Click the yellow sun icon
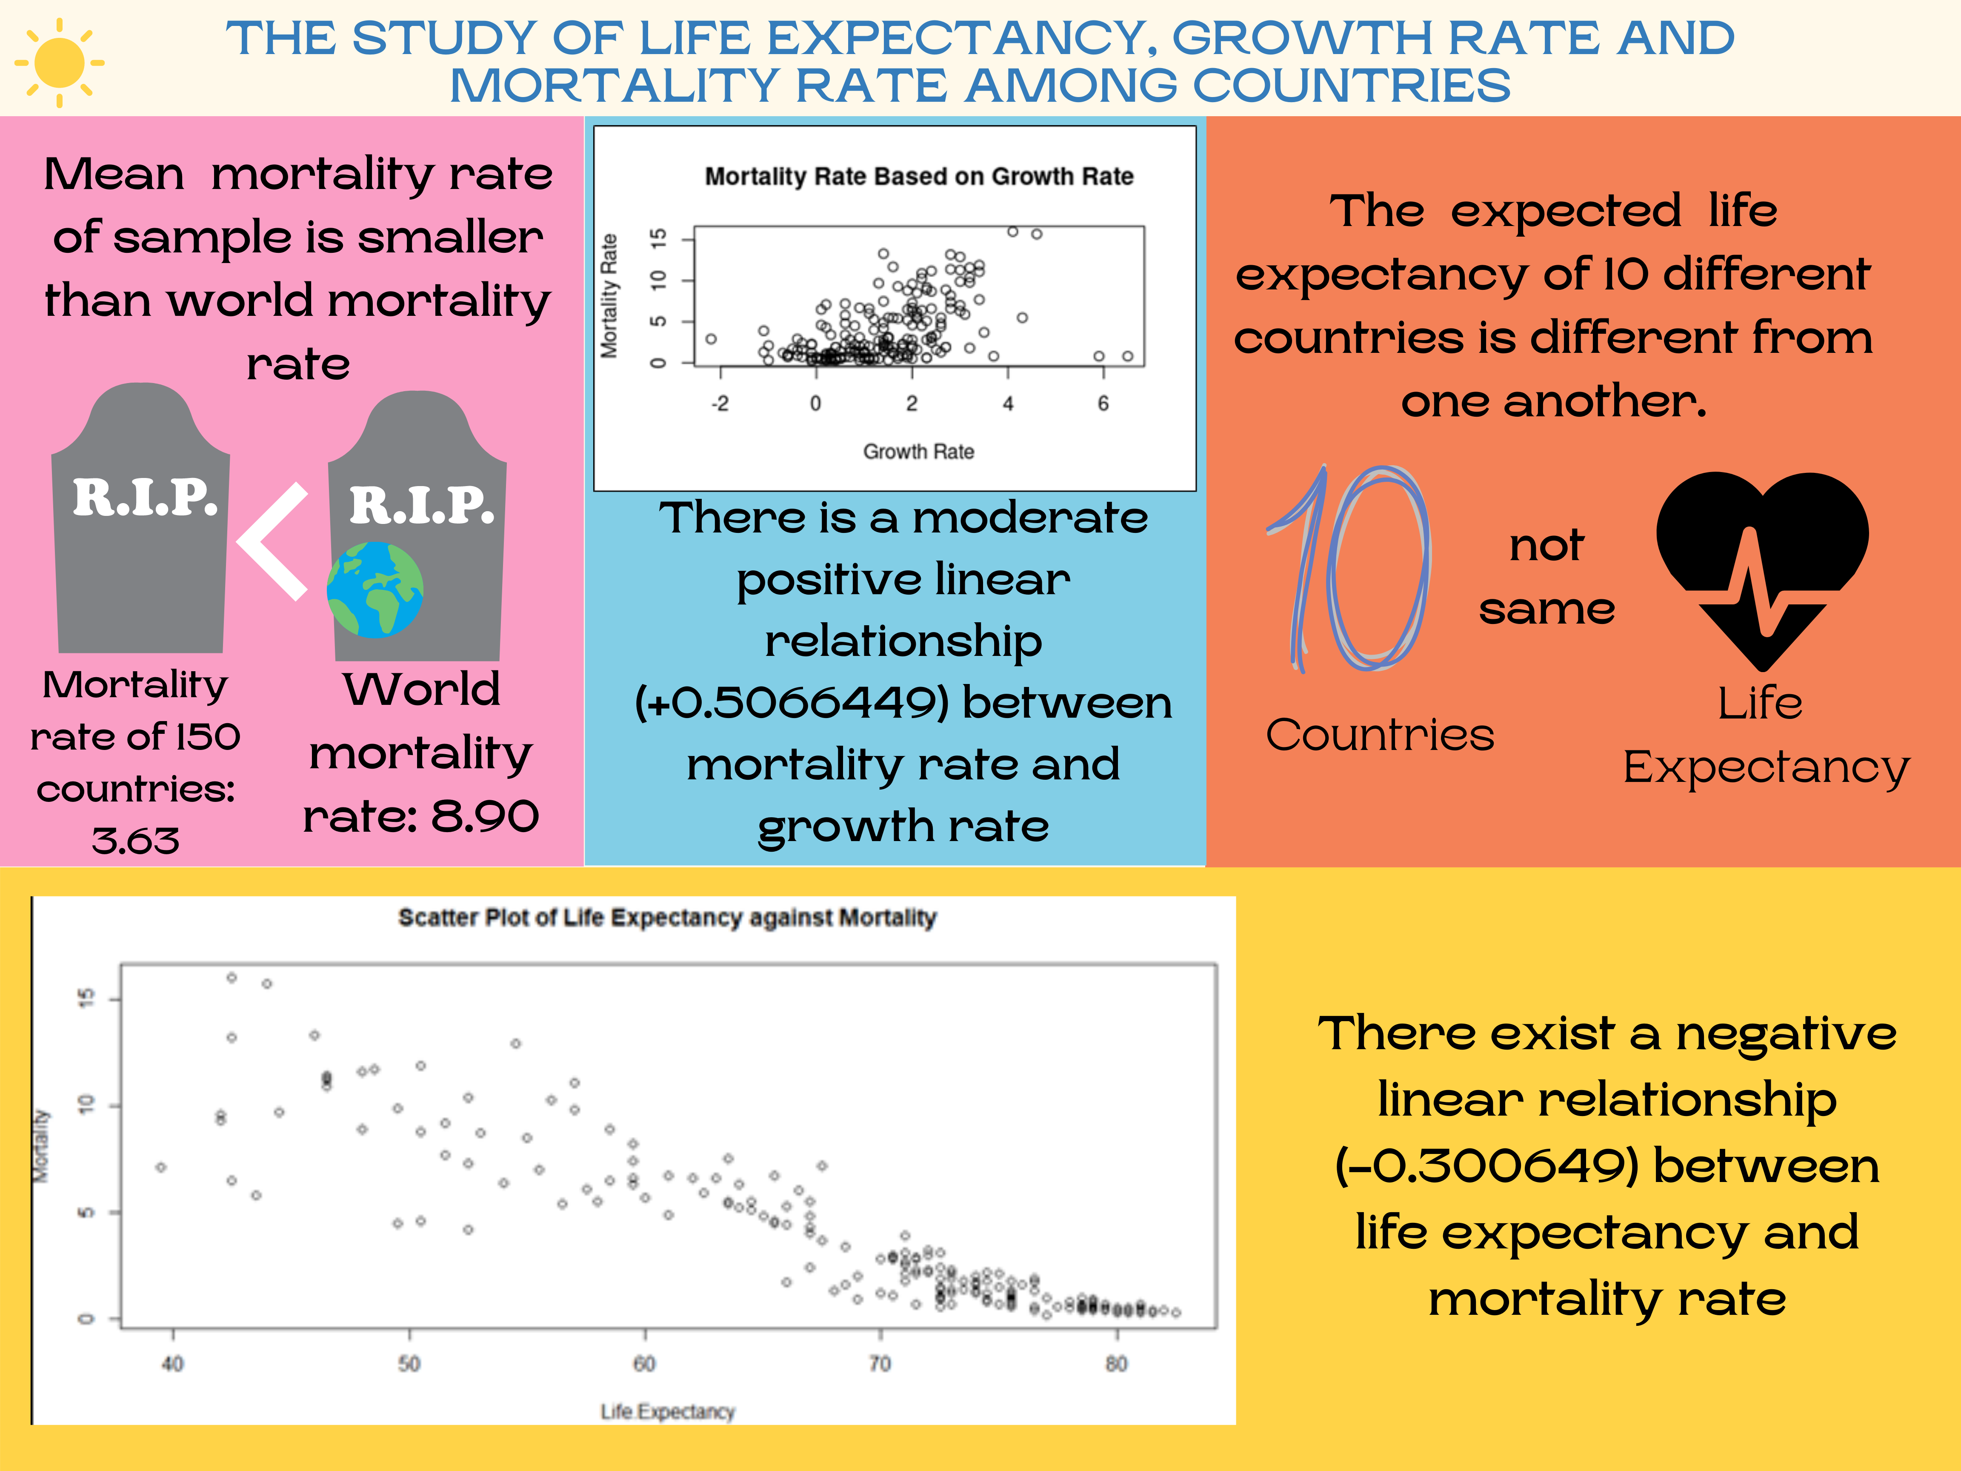(x=60, y=62)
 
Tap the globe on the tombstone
(x=375, y=590)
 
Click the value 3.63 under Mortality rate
(x=136, y=840)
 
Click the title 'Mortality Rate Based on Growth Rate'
(x=918, y=177)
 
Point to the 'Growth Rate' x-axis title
(x=918, y=451)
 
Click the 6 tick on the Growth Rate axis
(x=1103, y=404)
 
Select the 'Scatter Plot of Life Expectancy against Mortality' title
(x=667, y=918)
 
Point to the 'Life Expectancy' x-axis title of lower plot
(x=668, y=1411)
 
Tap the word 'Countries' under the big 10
(x=1379, y=735)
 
